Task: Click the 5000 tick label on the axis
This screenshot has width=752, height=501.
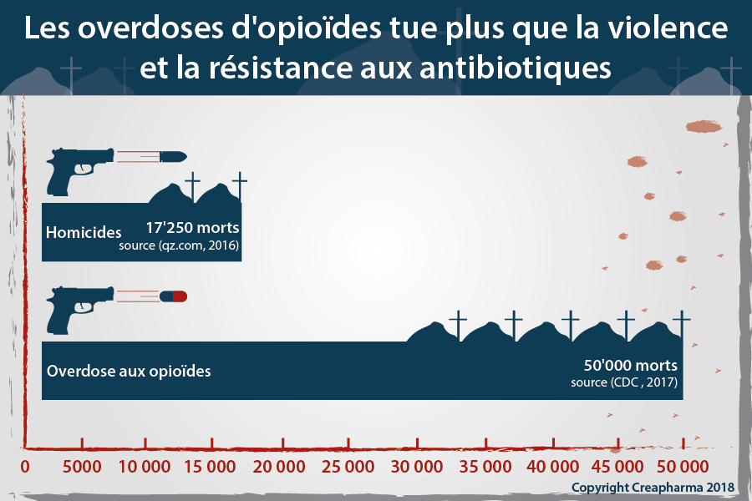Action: point(83,466)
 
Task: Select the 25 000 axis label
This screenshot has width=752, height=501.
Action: point(349,466)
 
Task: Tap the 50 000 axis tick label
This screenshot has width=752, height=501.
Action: point(683,466)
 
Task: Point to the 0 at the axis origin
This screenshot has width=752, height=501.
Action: point(25,466)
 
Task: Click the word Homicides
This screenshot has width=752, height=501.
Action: point(84,231)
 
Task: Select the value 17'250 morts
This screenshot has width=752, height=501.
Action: point(192,227)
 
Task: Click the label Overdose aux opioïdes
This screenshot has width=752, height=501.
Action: point(129,370)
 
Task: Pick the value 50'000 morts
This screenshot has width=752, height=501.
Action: point(630,366)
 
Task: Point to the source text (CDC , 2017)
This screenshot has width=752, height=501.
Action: point(624,382)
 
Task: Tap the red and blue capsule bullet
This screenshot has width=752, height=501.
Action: point(174,296)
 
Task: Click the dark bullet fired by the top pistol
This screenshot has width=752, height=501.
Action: point(172,156)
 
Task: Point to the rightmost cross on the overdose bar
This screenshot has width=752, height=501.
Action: point(682,325)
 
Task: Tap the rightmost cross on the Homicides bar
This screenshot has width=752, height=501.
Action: point(240,186)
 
